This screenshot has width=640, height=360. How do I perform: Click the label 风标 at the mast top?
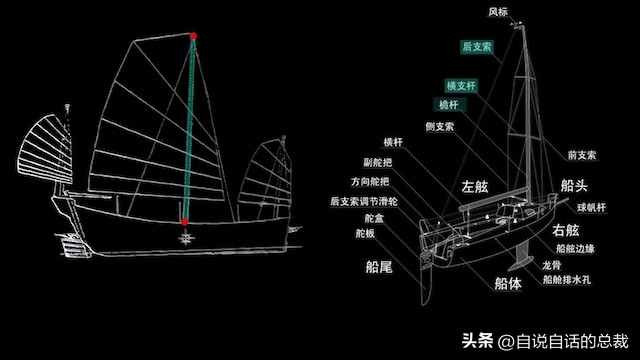coord(498,12)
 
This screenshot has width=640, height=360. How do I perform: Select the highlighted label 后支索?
coord(477,47)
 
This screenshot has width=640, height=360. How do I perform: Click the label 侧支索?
coord(439,126)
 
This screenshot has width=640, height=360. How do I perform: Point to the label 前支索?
coord(581,155)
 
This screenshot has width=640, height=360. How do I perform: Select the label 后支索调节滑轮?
coord(363,201)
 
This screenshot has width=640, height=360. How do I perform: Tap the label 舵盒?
coord(373,217)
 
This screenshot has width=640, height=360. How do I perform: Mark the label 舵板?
coord(365,233)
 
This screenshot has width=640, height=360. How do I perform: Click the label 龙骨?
coord(551,266)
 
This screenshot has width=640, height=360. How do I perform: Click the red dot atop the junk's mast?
coord(193,36)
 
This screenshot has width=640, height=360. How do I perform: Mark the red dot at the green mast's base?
coord(186,221)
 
